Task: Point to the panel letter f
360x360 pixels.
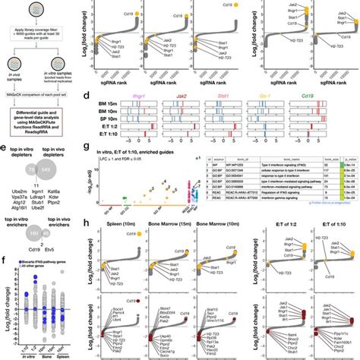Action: pyautogui.click(x=5, y=263)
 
